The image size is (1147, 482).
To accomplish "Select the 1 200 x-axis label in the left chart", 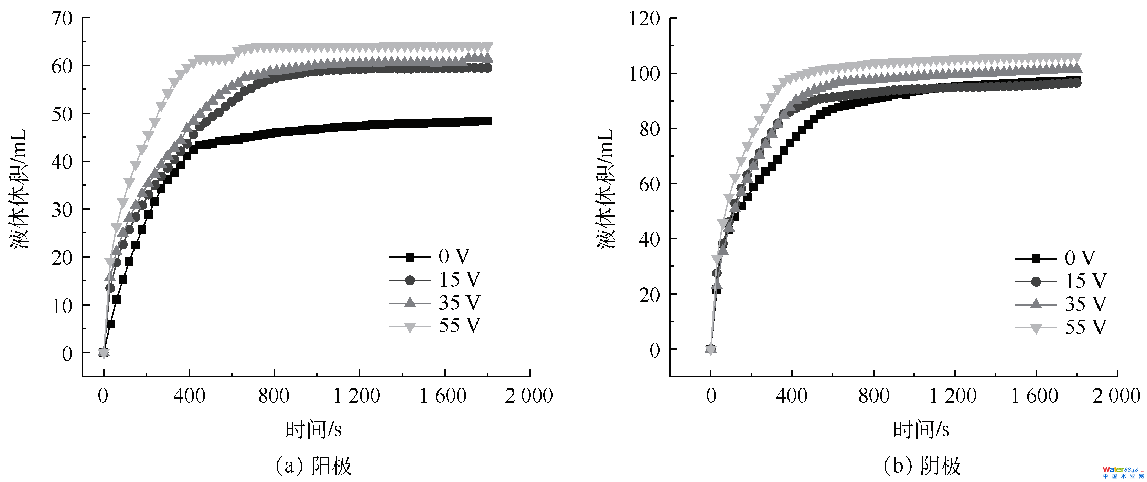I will click(357, 396).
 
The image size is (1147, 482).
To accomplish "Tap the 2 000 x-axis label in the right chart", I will click(1116, 396).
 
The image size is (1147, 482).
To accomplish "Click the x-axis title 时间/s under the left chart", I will click(313, 430).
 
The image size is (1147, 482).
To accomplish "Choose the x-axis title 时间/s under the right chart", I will click(921, 430).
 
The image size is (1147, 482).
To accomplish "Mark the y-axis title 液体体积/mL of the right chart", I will click(606, 189).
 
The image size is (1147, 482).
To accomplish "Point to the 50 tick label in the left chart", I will click(62, 114).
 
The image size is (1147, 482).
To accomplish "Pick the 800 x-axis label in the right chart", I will click(873, 396).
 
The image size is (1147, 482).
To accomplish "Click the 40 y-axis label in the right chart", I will click(649, 239).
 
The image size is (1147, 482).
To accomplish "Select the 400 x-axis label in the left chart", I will click(189, 396).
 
